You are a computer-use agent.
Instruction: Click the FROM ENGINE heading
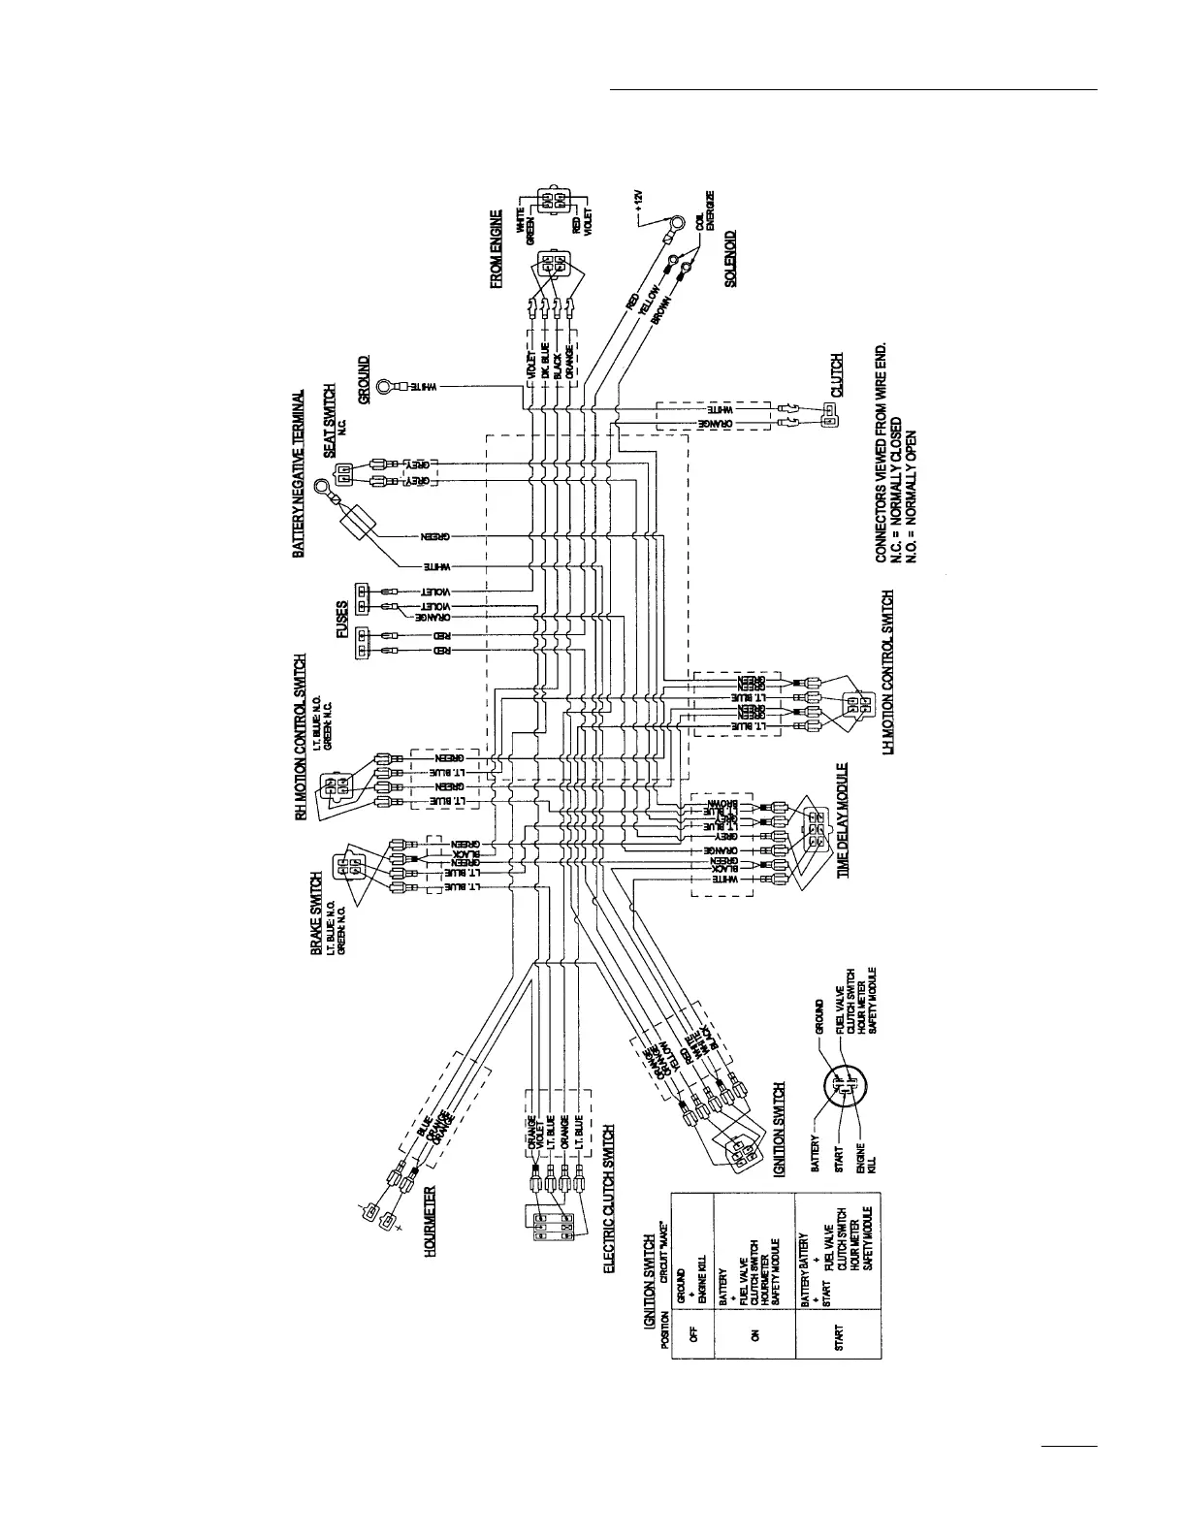coord(497,248)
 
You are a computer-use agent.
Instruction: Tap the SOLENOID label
coord(730,257)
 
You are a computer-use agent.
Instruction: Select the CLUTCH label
coord(836,375)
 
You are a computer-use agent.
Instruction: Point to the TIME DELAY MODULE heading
coord(843,820)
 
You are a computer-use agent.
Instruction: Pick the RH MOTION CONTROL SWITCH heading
coord(301,738)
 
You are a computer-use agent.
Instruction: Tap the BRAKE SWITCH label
coord(316,914)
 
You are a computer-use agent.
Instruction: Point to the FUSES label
coord(341,619)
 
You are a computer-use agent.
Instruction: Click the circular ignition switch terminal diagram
coord(843,1090)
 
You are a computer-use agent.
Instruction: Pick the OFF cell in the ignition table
coord(692,1333)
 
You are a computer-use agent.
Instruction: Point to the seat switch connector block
coord(342,473)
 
